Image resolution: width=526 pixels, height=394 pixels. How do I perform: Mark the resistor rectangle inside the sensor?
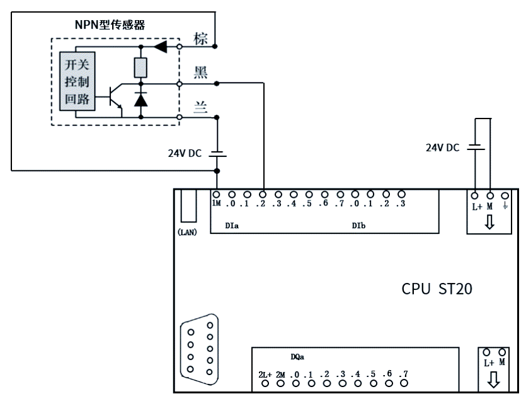pyautogui.click(x=140, y=66)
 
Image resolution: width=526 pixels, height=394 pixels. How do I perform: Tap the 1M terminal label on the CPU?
pyautogui.click(x=216, y=204)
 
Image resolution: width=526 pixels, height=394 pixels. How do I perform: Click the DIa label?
pyautogui.click(x=231, y=224)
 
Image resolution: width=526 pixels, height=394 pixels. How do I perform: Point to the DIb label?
pyautogui.click(x=359, y=224)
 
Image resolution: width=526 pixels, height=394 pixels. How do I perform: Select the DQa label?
pyautogui.click(x=298, y=357)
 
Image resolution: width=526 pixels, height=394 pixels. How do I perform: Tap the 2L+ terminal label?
pyautogui.click(x=265, y=374)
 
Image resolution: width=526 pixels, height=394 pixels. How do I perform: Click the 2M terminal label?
pyautogui.click(x=280, y=374)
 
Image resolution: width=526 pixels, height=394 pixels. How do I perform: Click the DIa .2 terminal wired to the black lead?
pyautogui.click(x=262, y=195)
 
